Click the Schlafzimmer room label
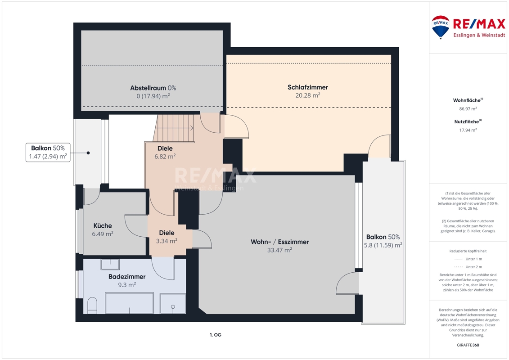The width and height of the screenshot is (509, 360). click(308, 87)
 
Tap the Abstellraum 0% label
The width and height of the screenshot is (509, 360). click(153, 88)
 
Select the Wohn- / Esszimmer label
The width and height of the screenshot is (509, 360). click(279, 242)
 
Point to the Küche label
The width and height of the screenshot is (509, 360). click(103, 225)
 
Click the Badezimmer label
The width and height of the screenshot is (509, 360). click(127, 277)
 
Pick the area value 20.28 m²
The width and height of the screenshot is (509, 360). click(308, 95)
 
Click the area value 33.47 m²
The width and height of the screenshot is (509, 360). click(279, 250)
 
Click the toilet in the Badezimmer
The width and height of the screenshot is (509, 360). click(92, 306)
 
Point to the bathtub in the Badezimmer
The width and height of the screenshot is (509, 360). click(129, 303)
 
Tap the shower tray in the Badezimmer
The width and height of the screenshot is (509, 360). click(173, 303)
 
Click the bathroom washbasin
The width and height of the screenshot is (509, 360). click(110, 264)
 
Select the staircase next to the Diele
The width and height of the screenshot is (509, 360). click(174, 128)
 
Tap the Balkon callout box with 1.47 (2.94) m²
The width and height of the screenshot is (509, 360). click(48, 152)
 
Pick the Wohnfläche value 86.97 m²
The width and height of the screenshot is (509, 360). click(468, 109)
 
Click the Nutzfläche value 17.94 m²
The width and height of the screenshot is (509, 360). click(468, 130)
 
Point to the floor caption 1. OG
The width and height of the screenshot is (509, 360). click(216, 335)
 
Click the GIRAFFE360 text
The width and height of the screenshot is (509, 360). click(468, 345)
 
